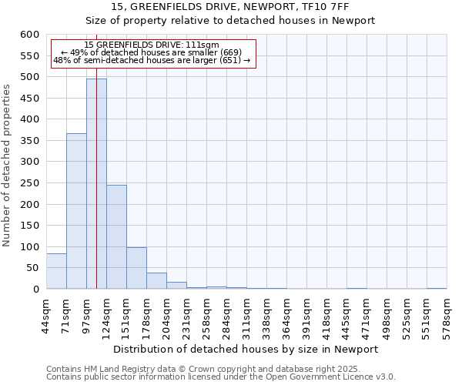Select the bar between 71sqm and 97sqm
point(76,211)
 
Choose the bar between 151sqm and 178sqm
point(136,268)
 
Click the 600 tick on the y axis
point(28,35)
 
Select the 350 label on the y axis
point(28,141)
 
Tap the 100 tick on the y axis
point(28,247)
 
